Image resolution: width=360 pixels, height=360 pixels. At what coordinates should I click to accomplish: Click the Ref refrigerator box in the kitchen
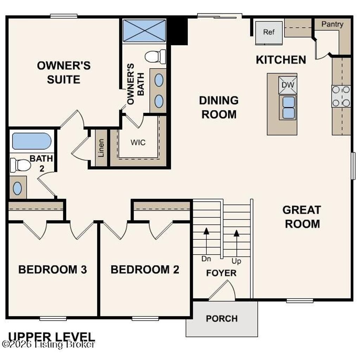[269, 32]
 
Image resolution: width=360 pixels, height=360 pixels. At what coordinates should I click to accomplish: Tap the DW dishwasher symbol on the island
[288, 85]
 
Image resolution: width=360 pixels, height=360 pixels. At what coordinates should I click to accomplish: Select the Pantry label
[332, 24]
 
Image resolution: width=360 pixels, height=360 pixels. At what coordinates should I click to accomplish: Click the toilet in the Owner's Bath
[155, 57]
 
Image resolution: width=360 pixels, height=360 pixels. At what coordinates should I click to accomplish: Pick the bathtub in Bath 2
[32, 141]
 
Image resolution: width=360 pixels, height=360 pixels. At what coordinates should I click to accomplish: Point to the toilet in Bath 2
[20, 165]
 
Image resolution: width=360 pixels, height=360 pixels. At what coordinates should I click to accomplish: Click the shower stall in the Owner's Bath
[144, 31]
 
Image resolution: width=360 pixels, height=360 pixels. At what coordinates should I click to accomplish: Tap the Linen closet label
[101, 148]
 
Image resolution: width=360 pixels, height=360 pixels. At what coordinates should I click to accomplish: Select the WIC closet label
[138, 143]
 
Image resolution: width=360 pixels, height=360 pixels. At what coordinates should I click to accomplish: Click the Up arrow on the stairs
[237, 243]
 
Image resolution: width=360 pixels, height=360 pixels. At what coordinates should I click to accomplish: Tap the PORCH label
[221, 319]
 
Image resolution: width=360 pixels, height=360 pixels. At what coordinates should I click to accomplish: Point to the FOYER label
[221, 273]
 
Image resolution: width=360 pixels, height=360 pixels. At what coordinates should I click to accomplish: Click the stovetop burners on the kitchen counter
[341, 96]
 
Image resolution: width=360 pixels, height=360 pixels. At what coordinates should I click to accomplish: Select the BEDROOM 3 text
[53, 270]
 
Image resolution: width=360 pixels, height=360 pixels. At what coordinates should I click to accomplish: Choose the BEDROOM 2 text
[145, 270]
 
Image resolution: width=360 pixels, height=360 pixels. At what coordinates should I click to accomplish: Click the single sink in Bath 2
[17, 188]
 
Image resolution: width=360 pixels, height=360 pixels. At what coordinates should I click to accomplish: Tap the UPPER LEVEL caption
[51, 336]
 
